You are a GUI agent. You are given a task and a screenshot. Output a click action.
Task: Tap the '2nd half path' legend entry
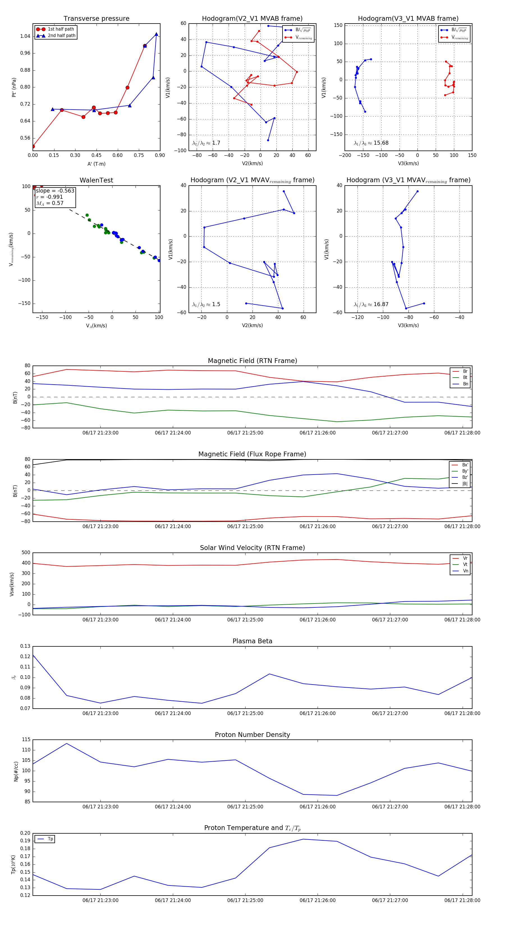[x=61, y=36]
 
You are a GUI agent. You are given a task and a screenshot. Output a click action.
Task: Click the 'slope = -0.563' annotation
[x=55, y=191]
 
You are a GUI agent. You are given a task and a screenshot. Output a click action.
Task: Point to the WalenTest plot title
[x=96, y=180]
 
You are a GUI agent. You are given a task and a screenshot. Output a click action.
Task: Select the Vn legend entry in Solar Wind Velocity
[x=465, y=571]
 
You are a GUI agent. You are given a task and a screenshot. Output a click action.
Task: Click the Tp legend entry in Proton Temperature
[x=50, y=839]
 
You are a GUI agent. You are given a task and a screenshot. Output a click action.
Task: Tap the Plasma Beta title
[x=252, y=641]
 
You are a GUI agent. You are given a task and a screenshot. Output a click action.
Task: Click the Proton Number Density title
[x=252, y=735]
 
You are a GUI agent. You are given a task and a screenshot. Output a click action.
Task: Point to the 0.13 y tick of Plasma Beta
[x=25, y=646]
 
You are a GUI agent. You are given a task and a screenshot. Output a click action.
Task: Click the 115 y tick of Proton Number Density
[x=26, y=740]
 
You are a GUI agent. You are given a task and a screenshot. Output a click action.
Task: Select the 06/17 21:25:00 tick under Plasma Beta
[x=245, y=713]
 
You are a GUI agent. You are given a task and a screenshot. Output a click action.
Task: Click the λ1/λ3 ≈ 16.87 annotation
[x=371, y=304]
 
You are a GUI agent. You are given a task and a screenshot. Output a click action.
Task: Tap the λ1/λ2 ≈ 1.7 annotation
[x=206, y=143]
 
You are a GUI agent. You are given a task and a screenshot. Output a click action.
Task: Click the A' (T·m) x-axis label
[x=96, y=164]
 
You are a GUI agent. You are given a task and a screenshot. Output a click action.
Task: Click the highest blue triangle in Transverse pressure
[x=156, y=34]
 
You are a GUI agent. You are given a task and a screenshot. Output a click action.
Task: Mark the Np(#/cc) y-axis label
[x=16, y=771]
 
